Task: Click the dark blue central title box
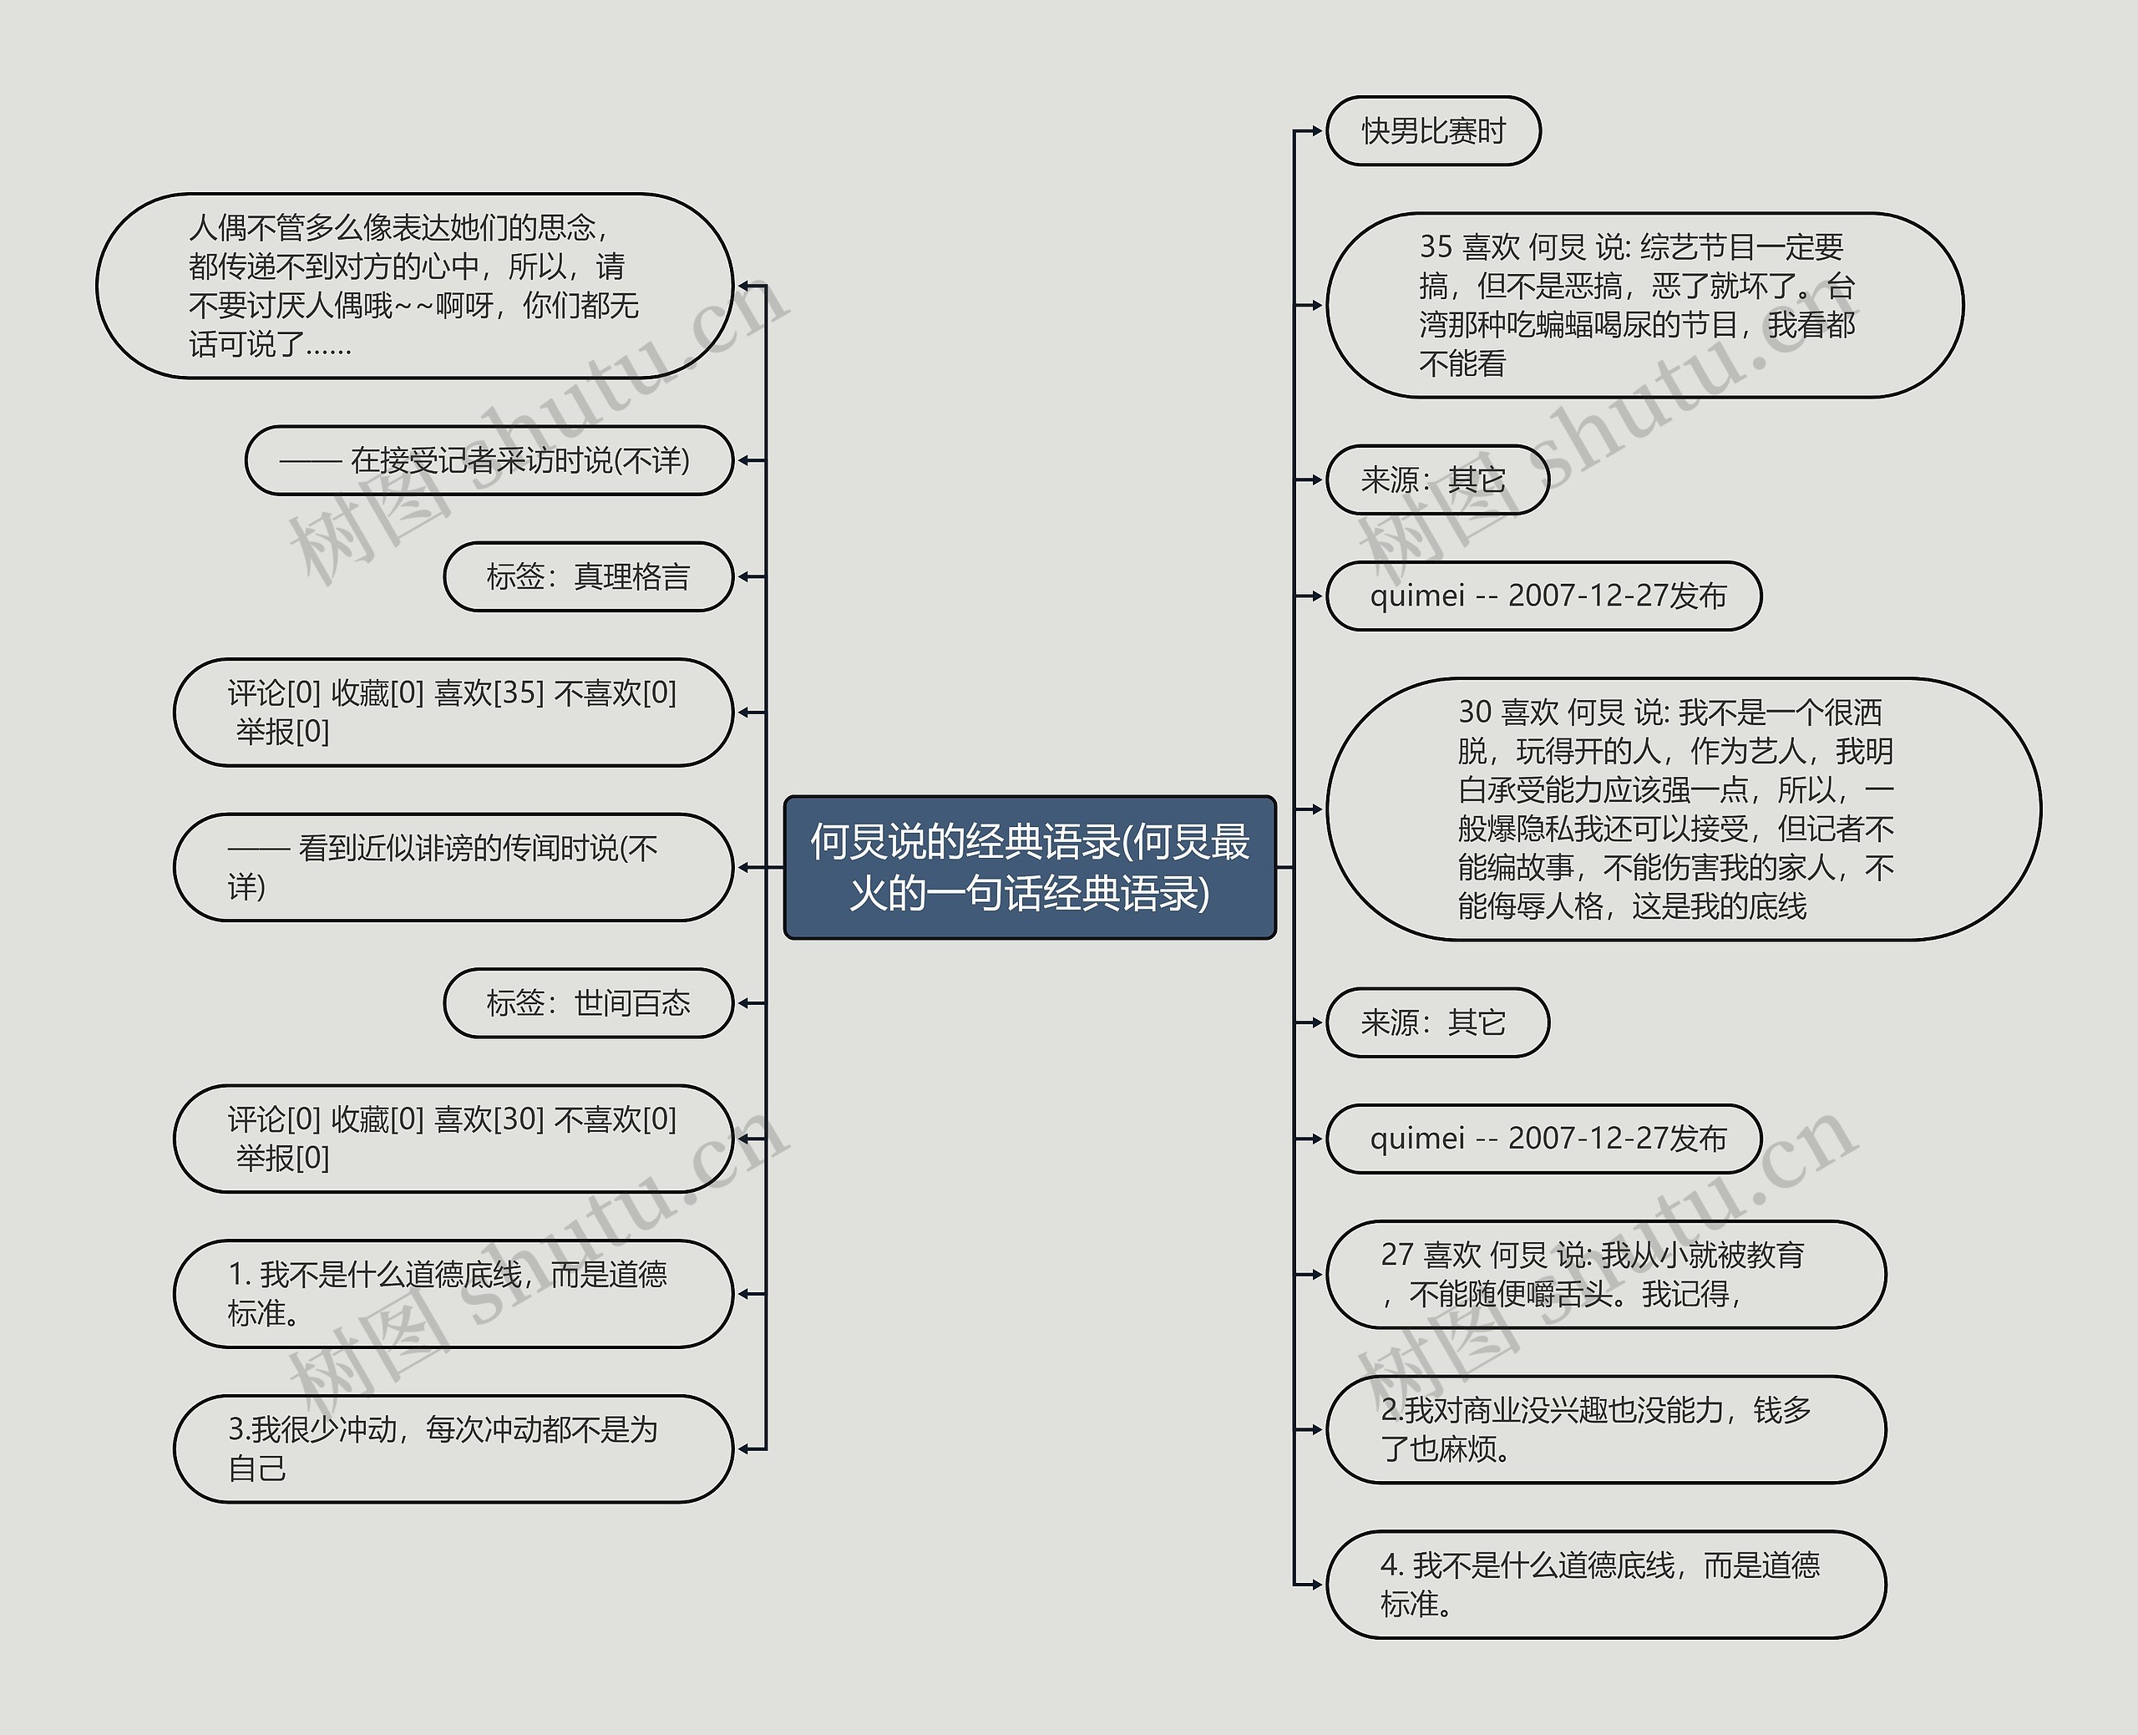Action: (1029, 866)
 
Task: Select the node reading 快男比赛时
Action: (1432, 131)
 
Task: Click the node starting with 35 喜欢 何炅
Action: (1644, 305)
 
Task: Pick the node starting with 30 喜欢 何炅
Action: (1683, 809)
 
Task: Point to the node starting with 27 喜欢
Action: (1604, 1274)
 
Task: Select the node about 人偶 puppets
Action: (414, 286)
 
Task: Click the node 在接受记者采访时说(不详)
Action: (489, 461)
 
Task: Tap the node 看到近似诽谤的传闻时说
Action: (453, 866)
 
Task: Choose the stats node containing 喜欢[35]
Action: (453, 712)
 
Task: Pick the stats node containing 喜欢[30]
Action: (453, 1139)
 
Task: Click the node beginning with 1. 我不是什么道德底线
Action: (453, 1293)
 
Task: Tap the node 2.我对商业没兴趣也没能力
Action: (1604, 1429)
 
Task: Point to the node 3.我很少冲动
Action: (453, 1448)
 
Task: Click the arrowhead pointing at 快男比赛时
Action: (1317, 131)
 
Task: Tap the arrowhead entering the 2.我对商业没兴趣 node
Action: (1317, 1429)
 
